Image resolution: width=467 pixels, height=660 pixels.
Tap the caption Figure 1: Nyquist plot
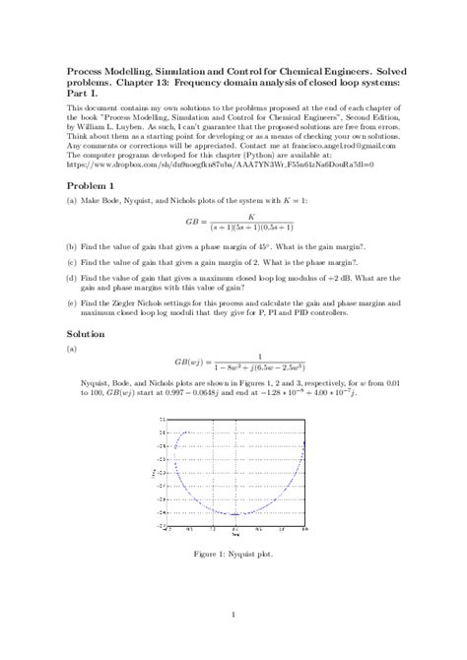pos(233,554)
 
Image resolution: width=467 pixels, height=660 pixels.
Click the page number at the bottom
pos(233,617)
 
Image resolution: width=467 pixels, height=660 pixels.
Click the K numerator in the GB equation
pos(252,216)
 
